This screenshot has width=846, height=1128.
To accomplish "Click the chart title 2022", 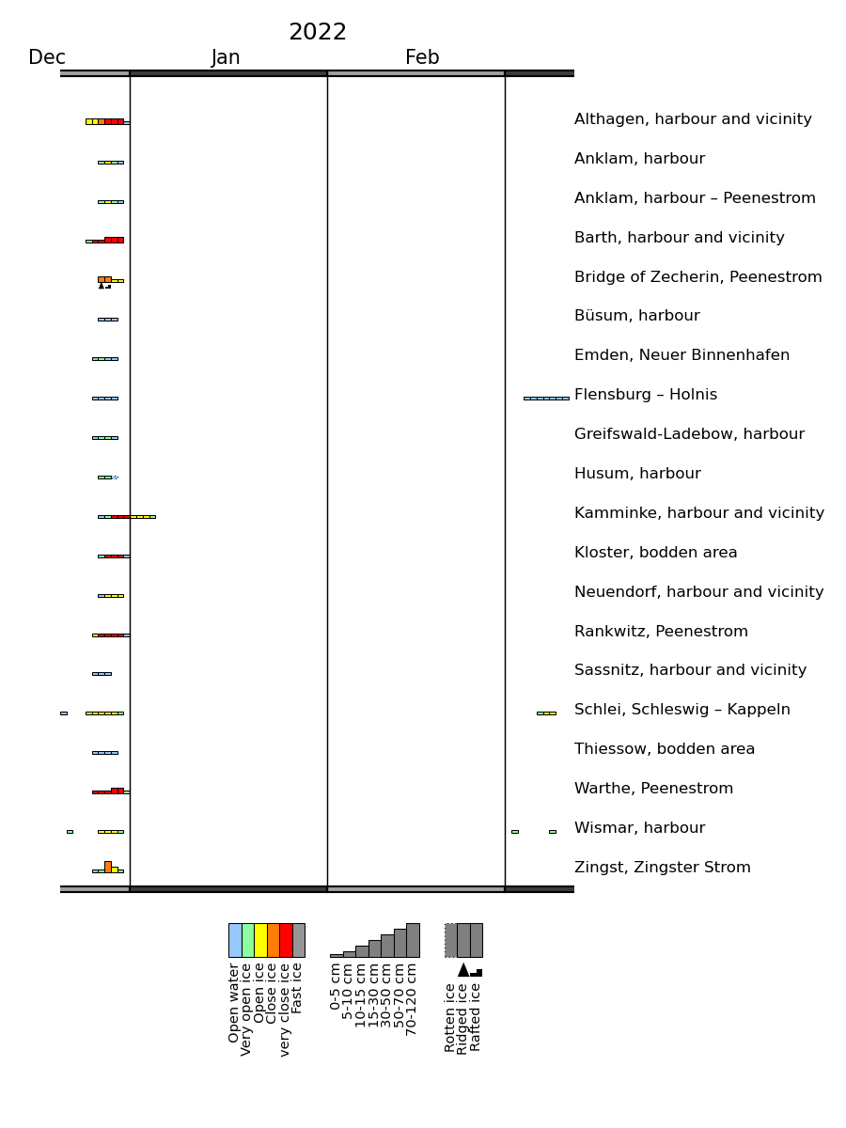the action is pyautogui.click(x=318, y=32).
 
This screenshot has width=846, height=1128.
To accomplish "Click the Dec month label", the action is pyautogui.click(x=47, y=57).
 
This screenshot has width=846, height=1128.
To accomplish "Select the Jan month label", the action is pyautogui.click(x=226, y=57).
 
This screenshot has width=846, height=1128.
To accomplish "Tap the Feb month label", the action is pyautogui.click(x=422, y=57).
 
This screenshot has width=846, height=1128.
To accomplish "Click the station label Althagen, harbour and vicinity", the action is pyautogui.click(x=693, y=119).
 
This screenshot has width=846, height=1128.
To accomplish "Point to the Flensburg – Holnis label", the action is pyautogui.click(x=646, y=395).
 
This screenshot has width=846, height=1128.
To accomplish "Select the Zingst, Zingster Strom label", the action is pyautogui.click(x=663, y=868).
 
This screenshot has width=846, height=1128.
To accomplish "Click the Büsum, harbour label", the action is pyautogui.click(x=637, y=316).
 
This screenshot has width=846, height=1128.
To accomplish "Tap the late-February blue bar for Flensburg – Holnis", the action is pyautogui.click(x=546, y=399).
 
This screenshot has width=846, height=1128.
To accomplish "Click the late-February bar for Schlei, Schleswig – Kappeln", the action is pyautogui.click(x=546, y=713).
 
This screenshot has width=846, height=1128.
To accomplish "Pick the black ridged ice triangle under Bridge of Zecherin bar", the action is pyautogui.click(x=102, y=286).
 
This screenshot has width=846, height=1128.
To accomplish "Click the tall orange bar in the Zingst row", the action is pyautogui.click(x=108, y=867).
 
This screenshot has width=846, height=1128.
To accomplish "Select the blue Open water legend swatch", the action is pyautogui.click(x=235, y=940).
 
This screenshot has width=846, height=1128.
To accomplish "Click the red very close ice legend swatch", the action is pyautogui.click(x=286, y=940).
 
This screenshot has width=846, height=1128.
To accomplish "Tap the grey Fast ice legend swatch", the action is pyautogui.click(x=299, y=940).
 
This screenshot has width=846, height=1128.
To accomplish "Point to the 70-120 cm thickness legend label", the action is pyautogui.click(x=411, y=999).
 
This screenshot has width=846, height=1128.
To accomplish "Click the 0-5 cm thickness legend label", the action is pyautogui.click(x=335, y=987).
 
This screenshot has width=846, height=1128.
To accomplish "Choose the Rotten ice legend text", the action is pyautogui.click(x=449, y=1017).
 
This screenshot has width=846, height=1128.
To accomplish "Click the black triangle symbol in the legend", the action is pyautogui.click(x=463, y=970).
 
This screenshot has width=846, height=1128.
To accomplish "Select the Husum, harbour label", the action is pyautogui.click(x=637, y=474).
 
